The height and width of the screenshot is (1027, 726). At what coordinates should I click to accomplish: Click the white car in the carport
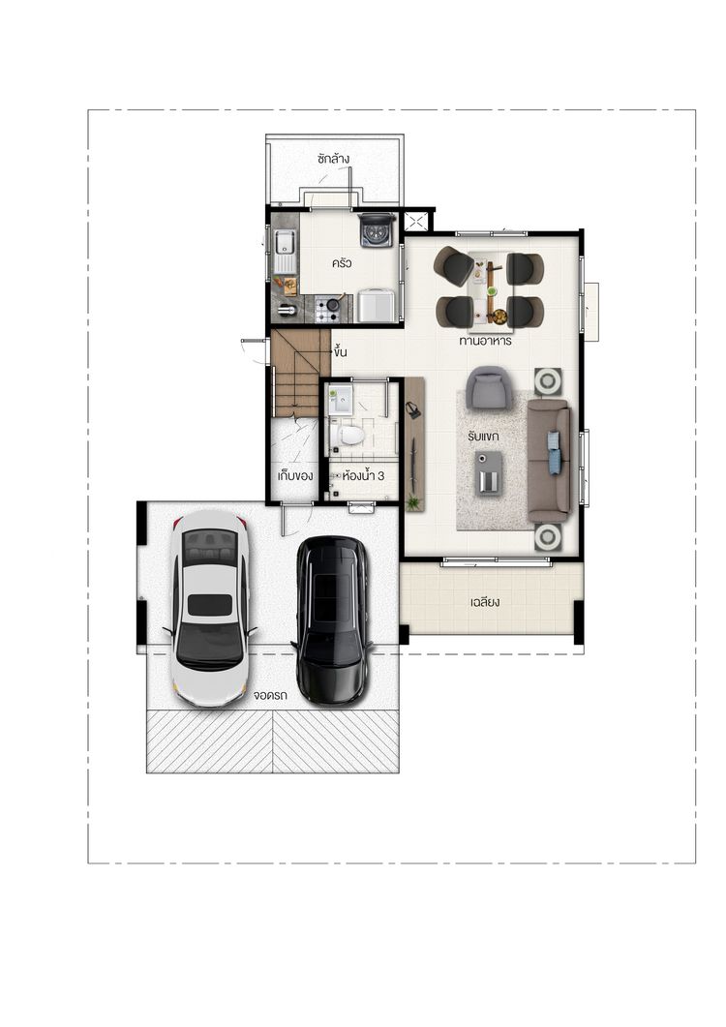click(x=210, y=608)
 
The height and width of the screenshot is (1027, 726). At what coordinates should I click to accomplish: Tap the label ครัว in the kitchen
click(x=342, y=263)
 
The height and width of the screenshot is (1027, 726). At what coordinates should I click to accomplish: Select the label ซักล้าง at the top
click(x=333, y=159)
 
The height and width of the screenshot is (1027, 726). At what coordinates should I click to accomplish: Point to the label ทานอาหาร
click(x=485, y=342)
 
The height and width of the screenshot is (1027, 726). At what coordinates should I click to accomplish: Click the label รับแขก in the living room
click(x=484, y=437)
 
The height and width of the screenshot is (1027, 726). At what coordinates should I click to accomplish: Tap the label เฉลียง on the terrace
click(x=485, y=601)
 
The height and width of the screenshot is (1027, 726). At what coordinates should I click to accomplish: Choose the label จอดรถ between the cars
click(x=270, y=696)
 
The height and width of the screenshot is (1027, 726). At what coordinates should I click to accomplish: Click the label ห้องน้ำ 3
click(x=362, y=476)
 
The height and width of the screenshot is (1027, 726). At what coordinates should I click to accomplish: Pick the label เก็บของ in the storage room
click(x=295, y=475)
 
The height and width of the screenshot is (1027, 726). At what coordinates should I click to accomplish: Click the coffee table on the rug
click(x=489, y=472)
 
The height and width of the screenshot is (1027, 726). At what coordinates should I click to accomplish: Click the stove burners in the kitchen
click(x=328, y=309)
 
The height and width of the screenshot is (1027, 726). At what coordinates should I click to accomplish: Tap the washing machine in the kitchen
click(x=376, y=230)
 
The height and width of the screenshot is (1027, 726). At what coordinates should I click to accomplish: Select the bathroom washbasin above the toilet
click(x=340, y=400)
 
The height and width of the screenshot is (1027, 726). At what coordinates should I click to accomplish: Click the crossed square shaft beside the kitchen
click(x=415, y=221)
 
